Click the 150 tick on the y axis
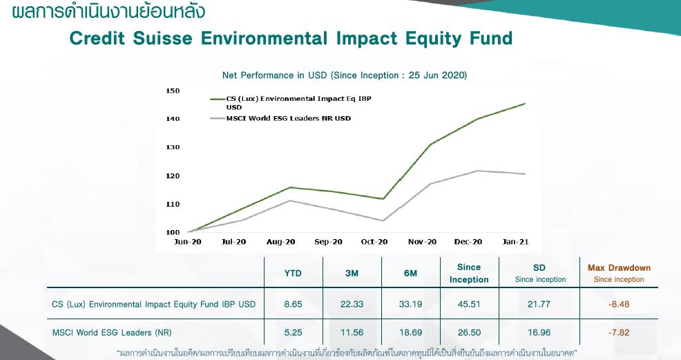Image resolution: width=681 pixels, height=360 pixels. click(x=173, y=91)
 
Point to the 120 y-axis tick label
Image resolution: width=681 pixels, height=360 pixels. click(x=173, y=176)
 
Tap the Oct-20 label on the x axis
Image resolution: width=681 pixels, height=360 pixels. click(x=374, y=242)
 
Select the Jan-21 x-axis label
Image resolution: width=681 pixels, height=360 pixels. click(x=515, y=242)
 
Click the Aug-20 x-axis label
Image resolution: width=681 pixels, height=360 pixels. click(x=281, y=242)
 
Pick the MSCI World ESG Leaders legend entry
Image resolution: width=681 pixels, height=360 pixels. click(x=289, y=118)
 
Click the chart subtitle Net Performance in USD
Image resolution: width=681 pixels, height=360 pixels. click(x=345, y=75)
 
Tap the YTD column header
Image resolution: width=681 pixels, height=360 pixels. click(x=294, y=273)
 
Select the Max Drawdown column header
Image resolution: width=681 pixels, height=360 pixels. click(x=619, y=267)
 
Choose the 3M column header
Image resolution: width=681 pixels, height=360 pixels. click(x=352, y=273)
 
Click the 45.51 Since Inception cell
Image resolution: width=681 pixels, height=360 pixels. click(x=469, y=304)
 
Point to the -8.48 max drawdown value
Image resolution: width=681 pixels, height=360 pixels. click(x=619, y=304)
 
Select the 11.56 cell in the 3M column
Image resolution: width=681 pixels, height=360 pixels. click(x=352, y=332)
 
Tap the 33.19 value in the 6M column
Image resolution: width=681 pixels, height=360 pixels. click(x=411, y=304)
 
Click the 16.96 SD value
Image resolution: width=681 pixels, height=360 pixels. click(x=540, y=332)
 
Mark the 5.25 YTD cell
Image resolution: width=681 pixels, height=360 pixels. click(x=294, y=332)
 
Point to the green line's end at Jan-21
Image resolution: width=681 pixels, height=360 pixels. click(x=525, y=104)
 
